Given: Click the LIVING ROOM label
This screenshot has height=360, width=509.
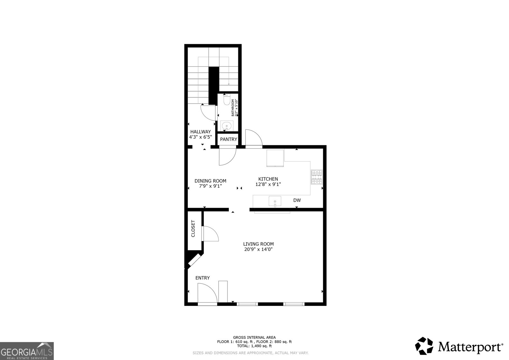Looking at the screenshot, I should point(258,244).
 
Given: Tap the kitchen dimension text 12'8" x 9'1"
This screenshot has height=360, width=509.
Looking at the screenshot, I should point(268,184).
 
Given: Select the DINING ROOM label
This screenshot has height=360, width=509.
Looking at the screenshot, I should point(210,181).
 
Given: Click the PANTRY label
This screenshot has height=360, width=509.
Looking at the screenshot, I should point(228,139).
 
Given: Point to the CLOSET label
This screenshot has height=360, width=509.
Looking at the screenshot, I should point(193,229).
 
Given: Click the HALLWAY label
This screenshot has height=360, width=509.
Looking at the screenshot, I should point(200,132).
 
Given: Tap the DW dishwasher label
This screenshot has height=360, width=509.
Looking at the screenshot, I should point(297,200).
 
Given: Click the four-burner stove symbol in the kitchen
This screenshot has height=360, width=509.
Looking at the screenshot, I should point(317,177).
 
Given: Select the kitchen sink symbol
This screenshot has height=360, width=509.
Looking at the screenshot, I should point(275,201).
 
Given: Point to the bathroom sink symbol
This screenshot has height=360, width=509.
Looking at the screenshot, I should point(227,126).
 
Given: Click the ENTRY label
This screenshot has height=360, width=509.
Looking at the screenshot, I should point(202,278).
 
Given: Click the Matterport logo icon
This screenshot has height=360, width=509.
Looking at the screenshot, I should point(424,346).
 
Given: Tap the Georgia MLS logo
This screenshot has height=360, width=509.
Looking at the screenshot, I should point(27,351).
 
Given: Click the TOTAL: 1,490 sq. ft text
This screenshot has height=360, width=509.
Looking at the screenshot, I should point(254,346).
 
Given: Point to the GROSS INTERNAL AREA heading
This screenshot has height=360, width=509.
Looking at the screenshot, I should point(254,337).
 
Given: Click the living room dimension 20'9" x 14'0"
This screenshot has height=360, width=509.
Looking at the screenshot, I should point(258,249).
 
